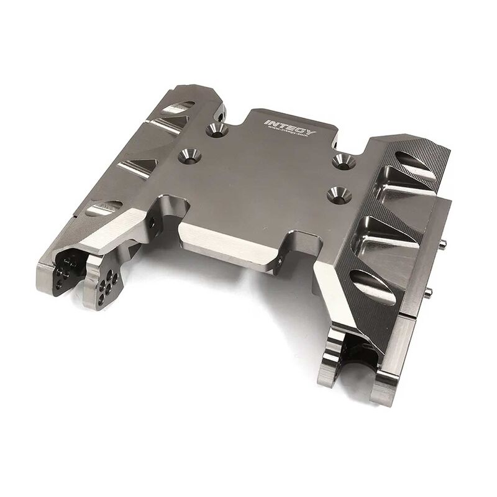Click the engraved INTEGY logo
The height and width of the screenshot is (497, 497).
point(290,127)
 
